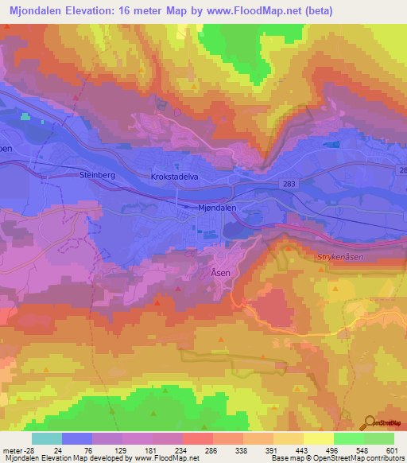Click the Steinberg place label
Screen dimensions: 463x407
99,174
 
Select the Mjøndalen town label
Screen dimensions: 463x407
217,206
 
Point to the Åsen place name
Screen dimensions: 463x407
221,272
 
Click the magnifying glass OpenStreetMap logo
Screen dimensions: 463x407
371,422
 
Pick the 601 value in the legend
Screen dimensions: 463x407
390,449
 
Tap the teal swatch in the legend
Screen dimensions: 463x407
47,438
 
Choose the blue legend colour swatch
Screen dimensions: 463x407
77,438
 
